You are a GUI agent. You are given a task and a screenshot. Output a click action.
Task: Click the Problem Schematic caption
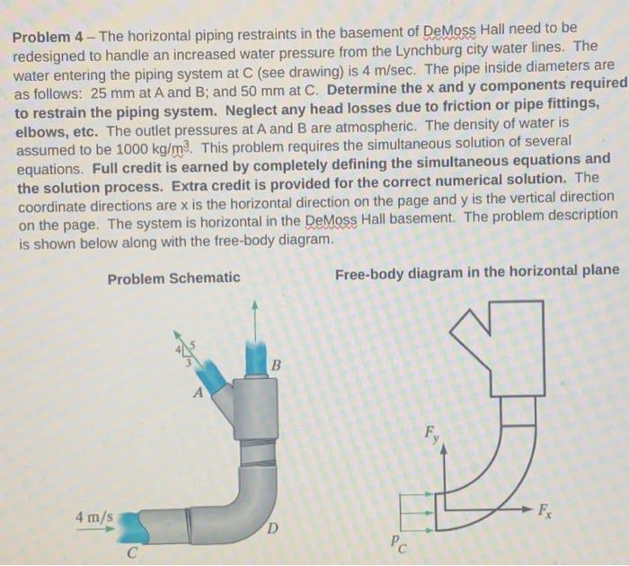(173, 278)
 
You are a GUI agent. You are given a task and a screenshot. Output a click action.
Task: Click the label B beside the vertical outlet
(276, 367)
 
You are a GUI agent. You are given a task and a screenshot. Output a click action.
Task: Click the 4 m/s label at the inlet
(94, 517)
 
